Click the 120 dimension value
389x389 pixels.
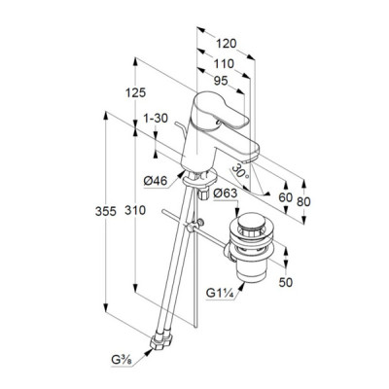pyautogui.click(x=227, y=44)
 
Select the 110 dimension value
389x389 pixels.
pyautogui.click(x=224, y=64)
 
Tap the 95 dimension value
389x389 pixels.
pyautogui.click(x=221, y=81)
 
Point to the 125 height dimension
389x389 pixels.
pyautogui.click(x=136, y=92)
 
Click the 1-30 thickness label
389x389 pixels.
pyautogui.click(x=156, y=119)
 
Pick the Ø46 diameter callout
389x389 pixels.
pyautogui.click(x=156, y=181)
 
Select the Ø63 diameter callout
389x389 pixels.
pyautogui.click(x=226, y=194)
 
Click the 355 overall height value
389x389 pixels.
pyautogui.click(x=106, y=211)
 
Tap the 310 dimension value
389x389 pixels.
pyautogui.click(x=135, y=210)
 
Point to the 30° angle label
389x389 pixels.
pyautogui.click(x=240, y=171)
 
